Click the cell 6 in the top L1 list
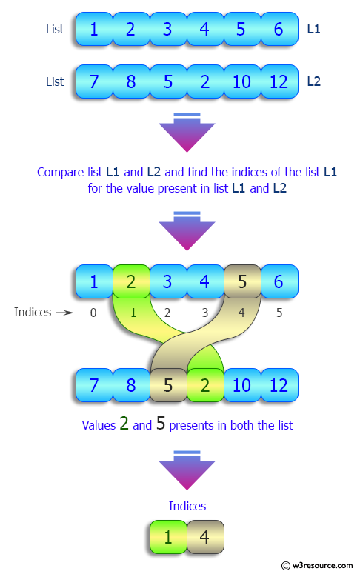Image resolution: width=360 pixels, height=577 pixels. pyautogui.click(x=279, y=30)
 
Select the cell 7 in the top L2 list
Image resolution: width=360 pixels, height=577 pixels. pyautogui.click(x=94, y=81)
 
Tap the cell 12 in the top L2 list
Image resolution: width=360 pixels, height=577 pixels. pyautogui.click(x=279, y=81)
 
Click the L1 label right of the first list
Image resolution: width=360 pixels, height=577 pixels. pyautogui.click(x=313, y=30)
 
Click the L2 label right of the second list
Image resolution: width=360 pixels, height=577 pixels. pyautogui.click(x=313, y=81)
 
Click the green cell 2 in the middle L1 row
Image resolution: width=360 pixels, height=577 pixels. pyautogui.click(x=131, y=282)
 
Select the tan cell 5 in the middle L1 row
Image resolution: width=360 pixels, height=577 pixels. pyautogui.click(x=242, y=282)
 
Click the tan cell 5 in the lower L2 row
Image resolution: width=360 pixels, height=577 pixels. pyautogui.click(x=168, y=385)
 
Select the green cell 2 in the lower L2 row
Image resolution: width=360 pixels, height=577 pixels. pyautogui.click(x=205, y=385)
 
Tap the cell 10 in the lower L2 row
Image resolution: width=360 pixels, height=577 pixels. pyautogui.click(x=242, y=385)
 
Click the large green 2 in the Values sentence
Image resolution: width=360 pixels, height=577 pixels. pyautogui.click(x=124, y=424)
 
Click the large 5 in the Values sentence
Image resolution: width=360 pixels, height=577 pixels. pyautogui.click(x=160, y=424)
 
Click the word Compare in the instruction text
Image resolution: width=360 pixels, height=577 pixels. pyautogui.click(x=59, y=172)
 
